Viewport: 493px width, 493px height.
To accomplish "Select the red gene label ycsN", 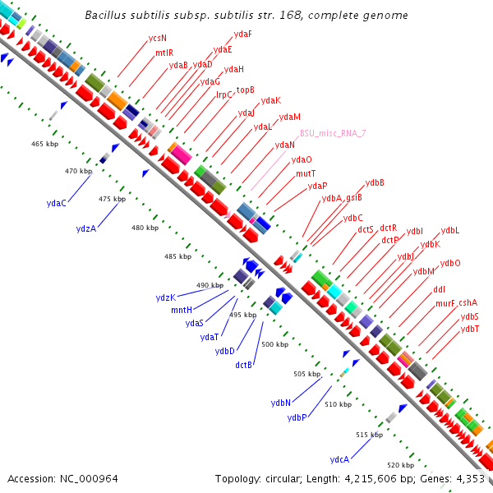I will click(x=157, y=38).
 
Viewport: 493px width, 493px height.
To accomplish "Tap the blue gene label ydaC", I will click(x=57, y=203).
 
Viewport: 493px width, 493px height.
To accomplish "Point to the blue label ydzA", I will click(x=85, y=228).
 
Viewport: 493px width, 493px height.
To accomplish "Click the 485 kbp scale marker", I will click(x=177, y=256).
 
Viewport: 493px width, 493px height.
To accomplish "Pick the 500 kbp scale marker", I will click(x=274, y=344).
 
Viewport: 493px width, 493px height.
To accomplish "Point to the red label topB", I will click(x=246, y=90).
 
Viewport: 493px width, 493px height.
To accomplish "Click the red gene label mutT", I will click(x=306, y=173).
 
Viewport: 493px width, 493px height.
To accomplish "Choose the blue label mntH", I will click(x=182, y=310).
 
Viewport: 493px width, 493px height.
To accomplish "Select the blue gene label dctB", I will click(x=243, y=364).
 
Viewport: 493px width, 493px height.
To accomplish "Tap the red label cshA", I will click(x=468, y=302).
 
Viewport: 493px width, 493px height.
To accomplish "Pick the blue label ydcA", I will click(x=339, y=458).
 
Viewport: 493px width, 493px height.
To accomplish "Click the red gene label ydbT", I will click(x=470, y=329).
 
